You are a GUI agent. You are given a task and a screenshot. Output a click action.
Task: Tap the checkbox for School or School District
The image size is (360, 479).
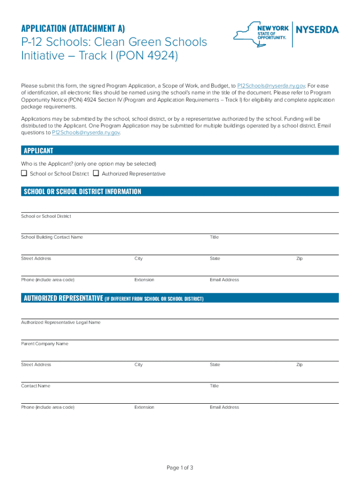pyautogui.click(x=24, y=174)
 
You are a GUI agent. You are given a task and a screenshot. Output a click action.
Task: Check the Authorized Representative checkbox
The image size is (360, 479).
pyautogui.click(x=96, y=174)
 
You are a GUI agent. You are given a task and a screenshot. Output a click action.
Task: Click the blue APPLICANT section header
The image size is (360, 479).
pyautogui.click(x=180, y=151)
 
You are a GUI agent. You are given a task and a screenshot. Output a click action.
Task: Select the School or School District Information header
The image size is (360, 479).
pyautogui.click(x=180, y=192)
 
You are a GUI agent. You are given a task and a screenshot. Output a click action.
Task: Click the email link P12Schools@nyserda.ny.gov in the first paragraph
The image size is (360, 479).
pyautogui.click(x=271, y=86)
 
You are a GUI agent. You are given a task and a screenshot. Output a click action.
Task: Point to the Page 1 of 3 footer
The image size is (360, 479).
pyautogui.click(x=180, y=468)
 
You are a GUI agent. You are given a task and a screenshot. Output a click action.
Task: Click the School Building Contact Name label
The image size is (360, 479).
pyautogui.click(x=52, y=237)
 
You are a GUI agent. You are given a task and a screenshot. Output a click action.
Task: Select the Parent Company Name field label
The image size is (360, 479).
pyautogui.click(x=44, y=344)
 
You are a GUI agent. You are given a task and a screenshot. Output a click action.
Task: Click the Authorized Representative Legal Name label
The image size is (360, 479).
pyautogui.click(x=60, y=322)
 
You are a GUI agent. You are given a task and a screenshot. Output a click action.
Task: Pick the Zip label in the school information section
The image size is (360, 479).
pyautogui.click(x=299, y=259)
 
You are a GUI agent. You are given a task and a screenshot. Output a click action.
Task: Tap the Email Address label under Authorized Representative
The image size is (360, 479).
pyautogui.click(x=224, y=407)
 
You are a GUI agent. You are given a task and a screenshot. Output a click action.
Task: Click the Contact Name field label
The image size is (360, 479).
pyautogui.click(x=36, y=386)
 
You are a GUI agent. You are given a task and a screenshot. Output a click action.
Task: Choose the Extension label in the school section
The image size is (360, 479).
pyautogui.click(x=144, y=280)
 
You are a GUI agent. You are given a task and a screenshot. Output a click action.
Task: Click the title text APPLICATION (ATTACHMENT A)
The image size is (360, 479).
pyautogui.click(x=73, y=29)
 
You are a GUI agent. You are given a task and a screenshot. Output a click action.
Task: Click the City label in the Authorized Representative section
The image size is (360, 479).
pyautogui.click(x=138, y=365)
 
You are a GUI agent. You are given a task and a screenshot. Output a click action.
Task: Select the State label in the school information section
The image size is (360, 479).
pyautogui.click(x=215, y=259)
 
